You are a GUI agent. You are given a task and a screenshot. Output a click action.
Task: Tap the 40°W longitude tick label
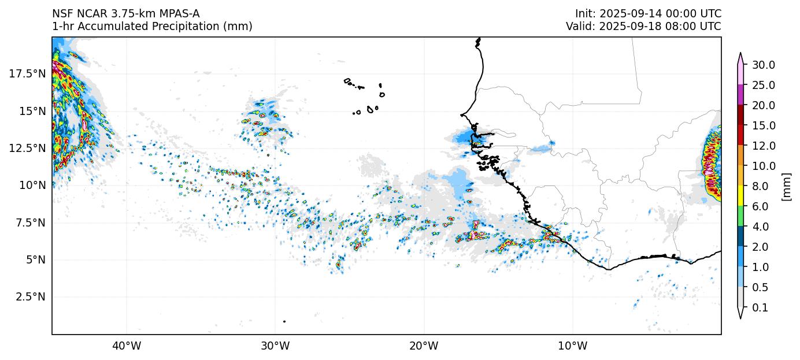126,346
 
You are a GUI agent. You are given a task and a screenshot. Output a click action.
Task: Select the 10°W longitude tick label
573,346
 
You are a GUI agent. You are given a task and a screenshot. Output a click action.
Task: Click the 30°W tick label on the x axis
275,346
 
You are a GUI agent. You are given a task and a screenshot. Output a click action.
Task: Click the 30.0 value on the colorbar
763,65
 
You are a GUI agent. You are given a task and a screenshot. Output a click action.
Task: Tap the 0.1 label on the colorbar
761,307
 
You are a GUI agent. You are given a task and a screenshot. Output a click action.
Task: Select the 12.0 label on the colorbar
763,146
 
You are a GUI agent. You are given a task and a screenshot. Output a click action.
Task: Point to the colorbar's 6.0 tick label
761,206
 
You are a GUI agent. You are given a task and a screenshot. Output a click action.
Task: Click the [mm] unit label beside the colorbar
786,186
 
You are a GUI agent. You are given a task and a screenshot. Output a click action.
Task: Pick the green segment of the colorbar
740,216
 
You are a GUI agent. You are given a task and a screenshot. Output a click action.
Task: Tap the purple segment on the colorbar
740,95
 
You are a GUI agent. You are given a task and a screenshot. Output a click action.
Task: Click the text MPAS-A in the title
180,14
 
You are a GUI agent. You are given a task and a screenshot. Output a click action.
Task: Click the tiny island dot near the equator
284,321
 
